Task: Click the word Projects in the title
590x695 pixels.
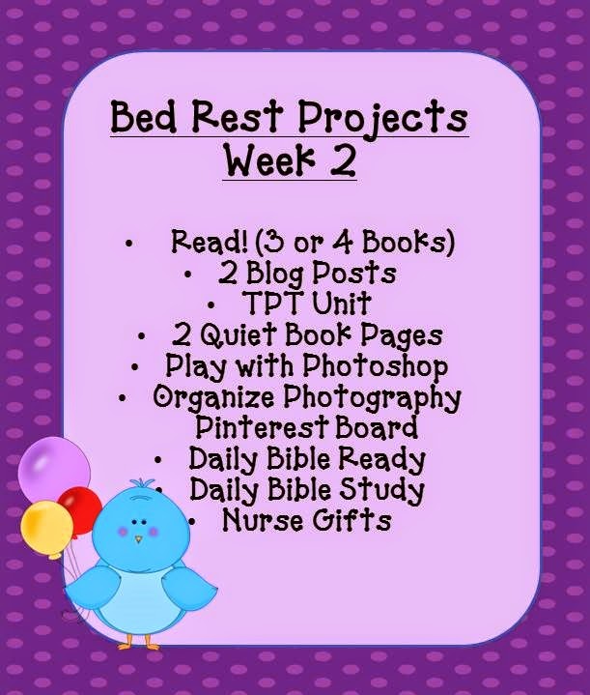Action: pos(382,118)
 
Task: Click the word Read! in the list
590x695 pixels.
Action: pos(210,242)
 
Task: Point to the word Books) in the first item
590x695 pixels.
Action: pos(408,243)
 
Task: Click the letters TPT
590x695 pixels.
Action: pos(273,303)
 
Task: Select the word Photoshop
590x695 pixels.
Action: pos(376,367)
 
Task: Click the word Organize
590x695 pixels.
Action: pos(213,397)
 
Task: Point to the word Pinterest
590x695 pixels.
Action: pos(262,427)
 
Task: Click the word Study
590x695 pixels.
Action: pos(381,491)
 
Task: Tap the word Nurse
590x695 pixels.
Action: pos(263,520)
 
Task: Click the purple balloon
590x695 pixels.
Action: pos(54,470)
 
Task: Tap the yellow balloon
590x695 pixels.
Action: pos(46,529)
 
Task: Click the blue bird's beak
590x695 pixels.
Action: pos(139,539)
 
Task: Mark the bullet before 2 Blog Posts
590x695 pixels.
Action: pos(188,275)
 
